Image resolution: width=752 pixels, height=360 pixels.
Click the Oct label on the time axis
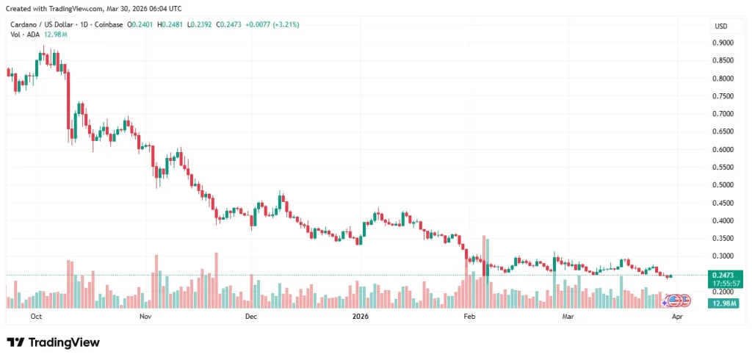[x=36, y=317]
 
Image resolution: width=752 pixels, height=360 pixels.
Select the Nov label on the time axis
[x=145, y=317]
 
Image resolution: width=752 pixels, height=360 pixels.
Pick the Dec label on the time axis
[x=250, y=317]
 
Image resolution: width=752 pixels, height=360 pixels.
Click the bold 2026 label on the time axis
[x=360, y=317]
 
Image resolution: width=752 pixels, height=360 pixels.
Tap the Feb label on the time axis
[x=469, y=317]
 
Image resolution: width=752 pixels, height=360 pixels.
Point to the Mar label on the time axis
[x=567, y=317]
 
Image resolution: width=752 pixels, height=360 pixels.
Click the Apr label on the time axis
[x=676, y=317]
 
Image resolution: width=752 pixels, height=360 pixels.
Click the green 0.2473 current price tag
[x=723, y=275]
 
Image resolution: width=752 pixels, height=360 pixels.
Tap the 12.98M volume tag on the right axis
[x=723, y=303]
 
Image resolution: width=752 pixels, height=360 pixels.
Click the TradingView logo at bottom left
[x=53, y=342]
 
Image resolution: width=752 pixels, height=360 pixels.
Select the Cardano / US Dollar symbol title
[x=45, y=24]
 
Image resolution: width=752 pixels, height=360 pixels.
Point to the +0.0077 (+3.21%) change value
[x=271, y=24]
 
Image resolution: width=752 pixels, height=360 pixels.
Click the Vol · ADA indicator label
[x=22, y=35]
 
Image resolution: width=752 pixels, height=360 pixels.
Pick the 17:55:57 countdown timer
[x=723, y=284]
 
